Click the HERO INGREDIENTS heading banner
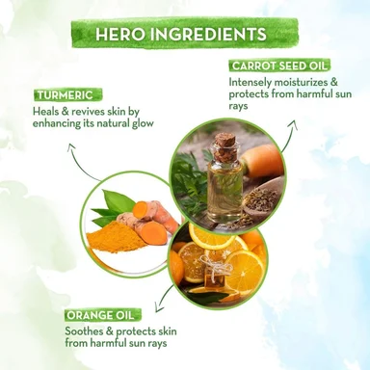tap(184, 34)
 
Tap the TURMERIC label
tap(67, 95)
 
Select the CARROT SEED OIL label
tap(279, 66)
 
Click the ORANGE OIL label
tap(103, 315)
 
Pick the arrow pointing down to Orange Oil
tap(164, 298)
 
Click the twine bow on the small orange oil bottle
tap(215, 259)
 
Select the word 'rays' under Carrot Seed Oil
tap(238, 106)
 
